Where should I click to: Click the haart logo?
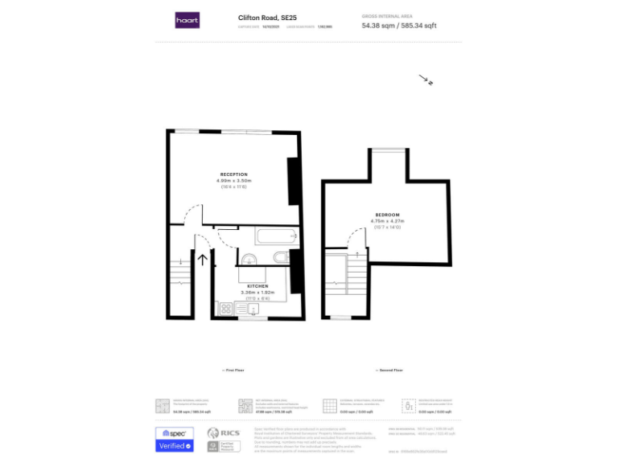point(187,20)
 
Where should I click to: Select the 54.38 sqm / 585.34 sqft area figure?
point(399,26)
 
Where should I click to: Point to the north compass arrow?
point(426,80)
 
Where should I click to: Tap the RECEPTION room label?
point(233,174)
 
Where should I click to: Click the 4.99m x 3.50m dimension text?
point(233,180)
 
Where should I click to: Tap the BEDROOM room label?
point(386,215)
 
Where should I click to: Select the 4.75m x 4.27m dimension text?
point(386,220)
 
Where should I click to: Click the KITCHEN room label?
point(257,286)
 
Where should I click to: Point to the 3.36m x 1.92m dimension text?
point(257,292)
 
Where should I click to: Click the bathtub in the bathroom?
point(266,237)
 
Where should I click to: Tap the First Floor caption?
point(233,370)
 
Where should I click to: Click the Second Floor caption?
point(389,370)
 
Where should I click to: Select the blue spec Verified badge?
point(175,438)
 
